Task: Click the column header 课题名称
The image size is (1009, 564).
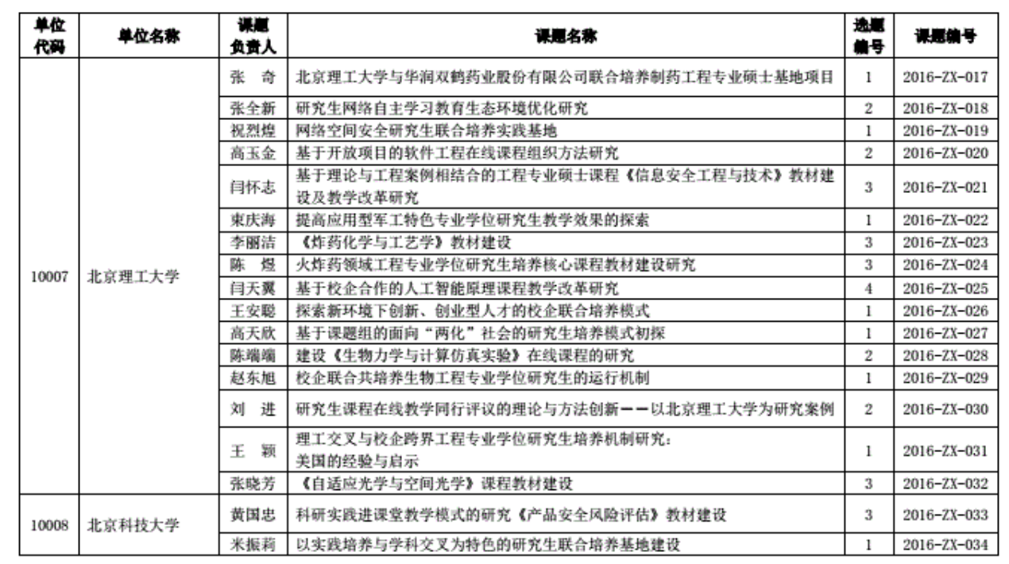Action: point(566,36)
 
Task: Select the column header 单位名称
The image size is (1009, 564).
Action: point(148,36)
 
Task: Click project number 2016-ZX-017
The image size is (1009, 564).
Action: point(945,78)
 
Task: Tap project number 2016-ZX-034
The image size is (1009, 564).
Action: point(945,545)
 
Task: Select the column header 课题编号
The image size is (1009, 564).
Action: point(945,36)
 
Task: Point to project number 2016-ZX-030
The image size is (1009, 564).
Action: point(945,409)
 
